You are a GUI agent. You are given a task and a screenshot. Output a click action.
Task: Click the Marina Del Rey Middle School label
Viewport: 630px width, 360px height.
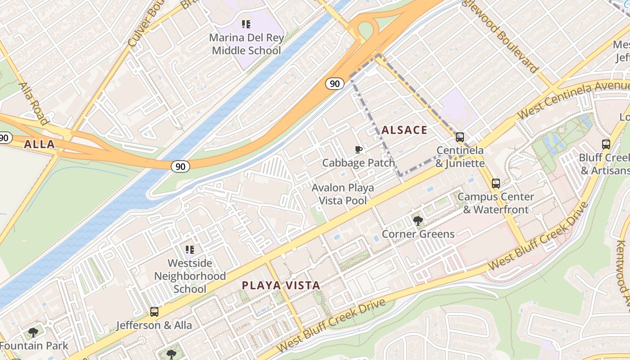pos(246,44)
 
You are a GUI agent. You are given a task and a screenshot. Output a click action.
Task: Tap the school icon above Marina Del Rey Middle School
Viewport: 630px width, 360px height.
pos(246,24)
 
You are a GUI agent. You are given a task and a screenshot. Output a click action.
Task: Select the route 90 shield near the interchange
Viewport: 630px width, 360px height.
pos(335,83)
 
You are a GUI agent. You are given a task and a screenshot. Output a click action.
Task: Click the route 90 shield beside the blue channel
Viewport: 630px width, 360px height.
pos(180,166)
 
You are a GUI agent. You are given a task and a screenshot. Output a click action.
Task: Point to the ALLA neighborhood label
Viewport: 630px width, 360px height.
pos(39,144)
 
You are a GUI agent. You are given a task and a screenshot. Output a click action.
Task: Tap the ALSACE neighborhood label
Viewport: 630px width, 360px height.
pos(404,130)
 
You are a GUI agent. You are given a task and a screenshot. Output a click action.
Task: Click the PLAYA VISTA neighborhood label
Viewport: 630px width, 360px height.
pos(281,285)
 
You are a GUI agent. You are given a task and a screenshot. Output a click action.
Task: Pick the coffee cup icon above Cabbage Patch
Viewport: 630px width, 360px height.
pos(358,149)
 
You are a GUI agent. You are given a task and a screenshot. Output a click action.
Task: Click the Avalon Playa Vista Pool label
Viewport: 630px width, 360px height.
pos(343,194)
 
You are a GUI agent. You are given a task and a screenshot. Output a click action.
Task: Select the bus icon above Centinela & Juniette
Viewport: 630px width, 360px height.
pos(459,137)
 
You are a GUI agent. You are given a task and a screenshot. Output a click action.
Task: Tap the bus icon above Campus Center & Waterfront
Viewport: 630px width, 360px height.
pos(495,184)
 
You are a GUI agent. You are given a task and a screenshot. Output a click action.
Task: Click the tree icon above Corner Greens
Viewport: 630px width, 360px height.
pos(418,221)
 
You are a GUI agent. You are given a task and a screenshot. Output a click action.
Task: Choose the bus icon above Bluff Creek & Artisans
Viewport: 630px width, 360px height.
pos(606,144)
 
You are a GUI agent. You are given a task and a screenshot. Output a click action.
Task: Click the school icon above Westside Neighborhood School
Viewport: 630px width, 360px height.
pos(190,249)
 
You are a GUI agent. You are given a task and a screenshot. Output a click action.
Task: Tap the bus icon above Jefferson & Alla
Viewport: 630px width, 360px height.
pos(154,312)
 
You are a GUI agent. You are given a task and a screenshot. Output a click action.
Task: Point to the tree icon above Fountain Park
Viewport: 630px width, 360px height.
pos(33,333)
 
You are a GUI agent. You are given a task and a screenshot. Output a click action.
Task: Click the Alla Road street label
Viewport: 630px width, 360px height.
pos(34,103)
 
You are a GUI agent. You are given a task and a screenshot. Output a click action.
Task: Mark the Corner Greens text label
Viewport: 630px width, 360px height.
pos(418,234)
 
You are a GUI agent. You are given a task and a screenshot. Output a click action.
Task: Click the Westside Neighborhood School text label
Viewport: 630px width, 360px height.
pos(190,276)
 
